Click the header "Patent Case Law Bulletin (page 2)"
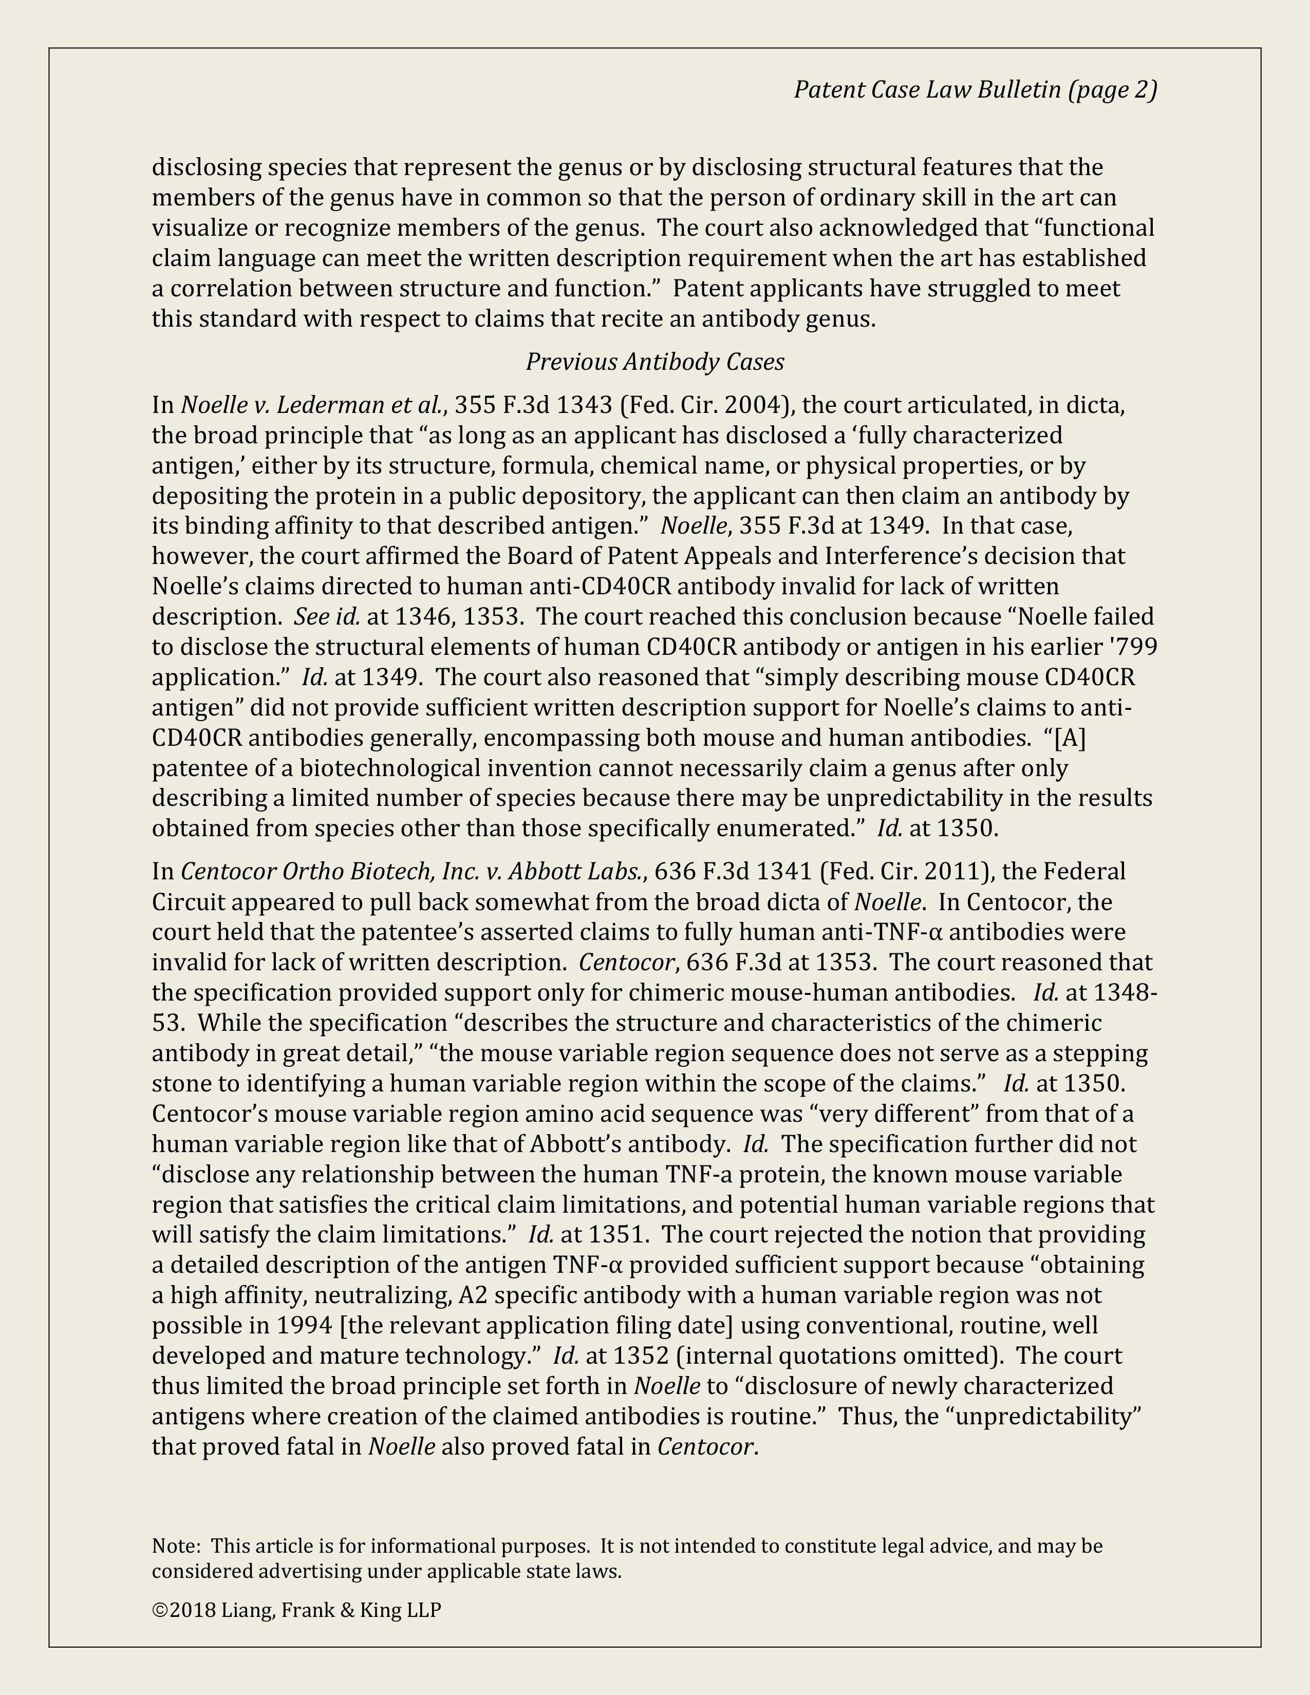pos(975,90)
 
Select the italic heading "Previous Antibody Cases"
pos(655,362)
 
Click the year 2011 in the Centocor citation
pos(959,872)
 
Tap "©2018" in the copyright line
pos(183,1610)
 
